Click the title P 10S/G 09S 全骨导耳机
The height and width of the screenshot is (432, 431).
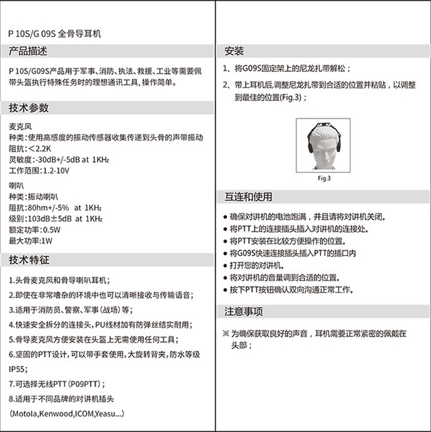(x=55, y=32)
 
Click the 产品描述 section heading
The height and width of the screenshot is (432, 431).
(x=28, y=51)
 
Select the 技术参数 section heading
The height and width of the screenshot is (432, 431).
(x=28, y=108)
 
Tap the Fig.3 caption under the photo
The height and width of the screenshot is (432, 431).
(x=325, y=178)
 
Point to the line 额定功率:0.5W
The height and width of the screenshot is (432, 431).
(x=34, y=229)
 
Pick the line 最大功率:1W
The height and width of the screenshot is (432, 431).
(x=30, y=241)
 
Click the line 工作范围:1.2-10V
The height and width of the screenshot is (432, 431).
(x=39, y=171)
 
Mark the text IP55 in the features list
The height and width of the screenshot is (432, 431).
(x=18, y=369)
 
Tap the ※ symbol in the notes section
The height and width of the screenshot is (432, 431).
(x=226, y=333)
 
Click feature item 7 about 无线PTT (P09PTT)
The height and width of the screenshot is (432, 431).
(x=55, y=384)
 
